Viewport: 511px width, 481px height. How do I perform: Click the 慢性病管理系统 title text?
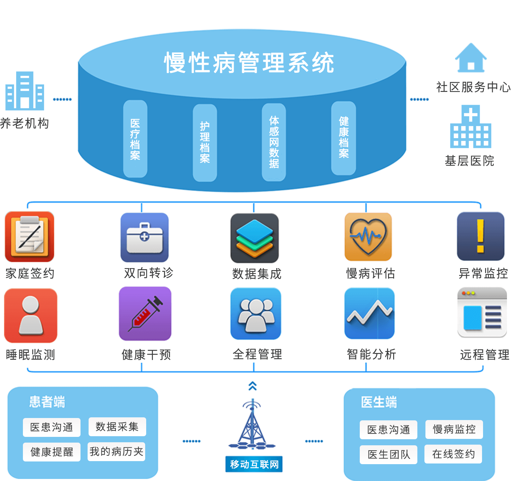(249, 63)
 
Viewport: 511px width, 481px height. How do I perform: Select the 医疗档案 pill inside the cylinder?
(135, 139)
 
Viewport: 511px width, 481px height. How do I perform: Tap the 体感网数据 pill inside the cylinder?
(274, 142)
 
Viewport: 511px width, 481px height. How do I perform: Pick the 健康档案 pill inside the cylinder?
(344, 138)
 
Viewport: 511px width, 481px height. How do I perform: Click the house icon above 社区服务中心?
(471, 58)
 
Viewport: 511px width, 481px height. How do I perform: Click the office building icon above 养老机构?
(25, 91)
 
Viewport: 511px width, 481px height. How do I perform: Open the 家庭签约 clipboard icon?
(30, 236)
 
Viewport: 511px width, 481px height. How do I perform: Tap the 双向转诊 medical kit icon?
(145, 237)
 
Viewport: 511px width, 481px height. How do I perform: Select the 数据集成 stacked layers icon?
(255, 238)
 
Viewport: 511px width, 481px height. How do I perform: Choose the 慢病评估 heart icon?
(368, 236)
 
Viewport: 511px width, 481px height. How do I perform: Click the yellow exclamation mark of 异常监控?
(480, 236)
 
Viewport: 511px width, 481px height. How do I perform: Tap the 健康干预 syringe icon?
(145, 313)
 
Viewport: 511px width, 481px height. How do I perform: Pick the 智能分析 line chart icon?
(370, 313)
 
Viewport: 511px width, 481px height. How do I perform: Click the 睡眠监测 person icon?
(31, 315)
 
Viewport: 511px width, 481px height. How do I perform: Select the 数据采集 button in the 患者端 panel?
(117, 427)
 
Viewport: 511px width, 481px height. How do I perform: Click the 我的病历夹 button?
(117, 452)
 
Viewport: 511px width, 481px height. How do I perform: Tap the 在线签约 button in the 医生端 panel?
(453, 454)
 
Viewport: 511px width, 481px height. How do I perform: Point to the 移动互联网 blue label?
(254, 464)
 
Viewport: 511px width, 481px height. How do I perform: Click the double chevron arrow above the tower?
(253, 386)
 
